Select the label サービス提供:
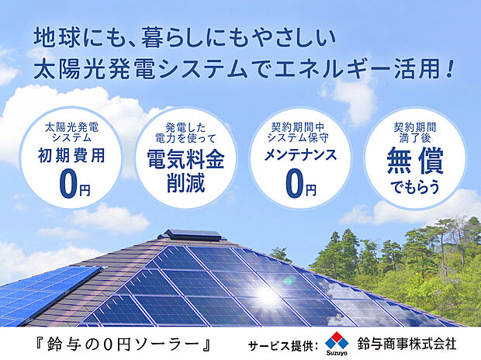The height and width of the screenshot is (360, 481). coord(281,344)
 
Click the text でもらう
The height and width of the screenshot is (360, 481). coord(414,187)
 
